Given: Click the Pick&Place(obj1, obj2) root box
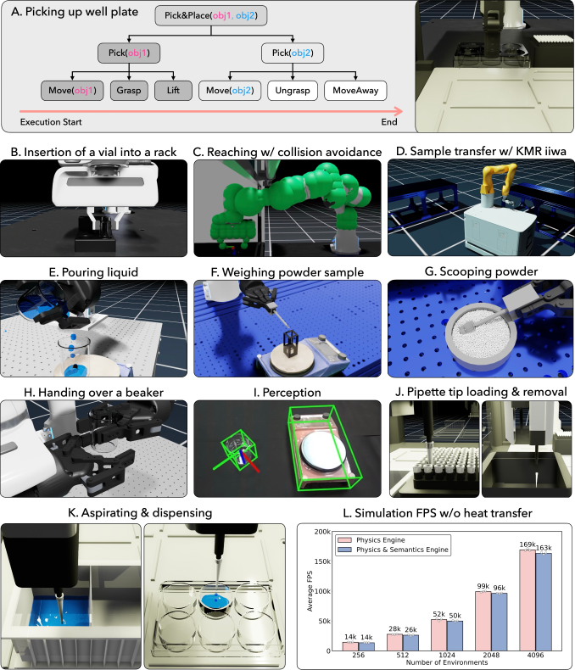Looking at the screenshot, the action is pos(211,16).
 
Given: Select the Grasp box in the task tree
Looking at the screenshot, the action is pos(129,91).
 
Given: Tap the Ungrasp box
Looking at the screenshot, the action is pos(293,91).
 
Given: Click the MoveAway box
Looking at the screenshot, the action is pos(355,91).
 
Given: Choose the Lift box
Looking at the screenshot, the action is pos(173,91).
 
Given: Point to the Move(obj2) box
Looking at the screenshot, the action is pos(230,91).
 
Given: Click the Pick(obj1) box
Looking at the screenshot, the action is pos(129,53).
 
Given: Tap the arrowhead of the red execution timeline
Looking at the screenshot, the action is pos(399,111).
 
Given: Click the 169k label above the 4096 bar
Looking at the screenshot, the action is pos(528,544).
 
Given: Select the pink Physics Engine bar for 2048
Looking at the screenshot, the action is pos(483,622).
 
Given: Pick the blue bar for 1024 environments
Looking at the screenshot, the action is pos(455,636).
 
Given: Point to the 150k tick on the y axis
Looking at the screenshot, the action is pos(322,561).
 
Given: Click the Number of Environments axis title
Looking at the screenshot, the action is pos(447,662).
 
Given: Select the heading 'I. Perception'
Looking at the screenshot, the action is pos(287,393).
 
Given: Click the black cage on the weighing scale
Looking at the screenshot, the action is pos(292,343).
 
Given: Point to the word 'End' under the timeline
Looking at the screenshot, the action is pos(389,122).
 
